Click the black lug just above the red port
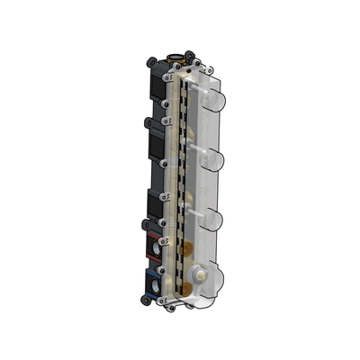coord(144,222)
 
